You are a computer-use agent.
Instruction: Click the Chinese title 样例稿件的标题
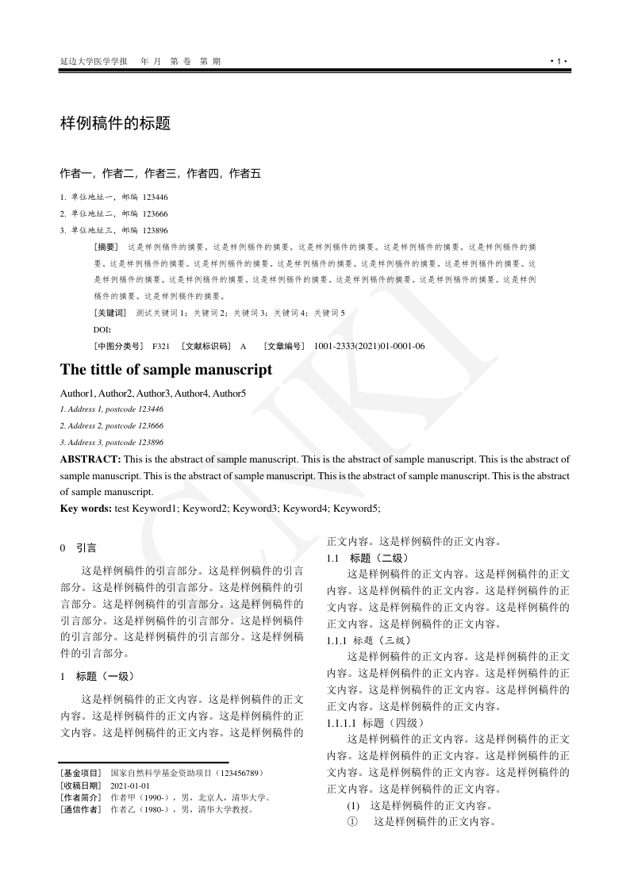point(116,124)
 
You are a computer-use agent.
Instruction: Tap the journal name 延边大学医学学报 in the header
point(94,61)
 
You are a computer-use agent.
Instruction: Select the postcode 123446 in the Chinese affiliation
point(155,197)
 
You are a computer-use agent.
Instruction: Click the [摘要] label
point(106,247)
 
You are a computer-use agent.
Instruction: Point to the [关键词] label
point(109,313)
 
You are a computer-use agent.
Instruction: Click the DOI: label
point(102,329)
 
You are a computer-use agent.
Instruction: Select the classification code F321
point(161,346)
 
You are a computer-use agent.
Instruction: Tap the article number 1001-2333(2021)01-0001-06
point(369,346)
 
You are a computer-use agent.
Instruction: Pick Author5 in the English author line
point(229,394)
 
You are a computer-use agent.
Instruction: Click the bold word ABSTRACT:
point(90,459)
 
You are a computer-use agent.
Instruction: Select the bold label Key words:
point(86,507)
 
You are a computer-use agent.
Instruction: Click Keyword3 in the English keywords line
point(258,507)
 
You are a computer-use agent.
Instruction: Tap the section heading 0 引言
point(79,547)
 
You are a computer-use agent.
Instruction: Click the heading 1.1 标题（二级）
point(368,558)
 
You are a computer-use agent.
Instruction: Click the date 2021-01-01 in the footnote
point(130,785)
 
